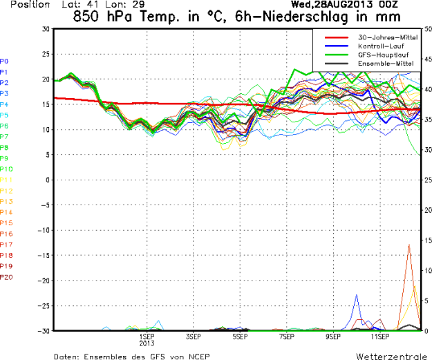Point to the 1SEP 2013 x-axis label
point(147,339)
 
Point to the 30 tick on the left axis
point(46,29)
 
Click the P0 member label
point(5,61)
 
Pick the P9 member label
point(5,158)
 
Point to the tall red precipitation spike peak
point(410,244)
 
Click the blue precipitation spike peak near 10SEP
point(357,295)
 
